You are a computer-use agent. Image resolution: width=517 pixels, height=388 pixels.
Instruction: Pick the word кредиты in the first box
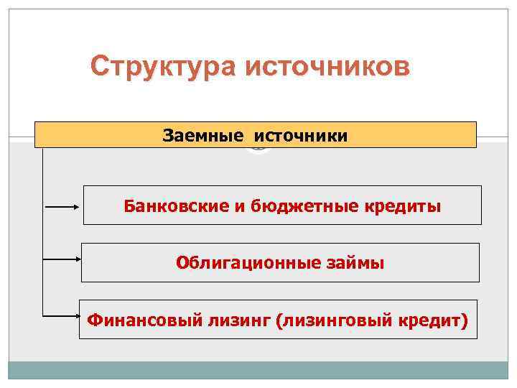tap(403, 207)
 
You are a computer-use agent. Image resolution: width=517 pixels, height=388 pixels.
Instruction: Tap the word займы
tap(353, 263)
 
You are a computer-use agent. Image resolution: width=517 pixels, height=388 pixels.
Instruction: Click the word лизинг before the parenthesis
tap(236, 319)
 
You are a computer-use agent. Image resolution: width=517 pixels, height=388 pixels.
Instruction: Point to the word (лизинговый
tap(330, 319)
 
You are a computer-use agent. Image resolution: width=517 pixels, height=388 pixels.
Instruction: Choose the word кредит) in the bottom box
tap(429, 319)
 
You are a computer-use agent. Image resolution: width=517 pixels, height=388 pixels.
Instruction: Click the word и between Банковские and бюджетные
tap(238, 207)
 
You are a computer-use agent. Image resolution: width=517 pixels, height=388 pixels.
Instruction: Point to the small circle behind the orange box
tap(258, 149)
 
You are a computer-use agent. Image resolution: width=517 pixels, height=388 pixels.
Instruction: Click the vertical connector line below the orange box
tap(43, 230)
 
